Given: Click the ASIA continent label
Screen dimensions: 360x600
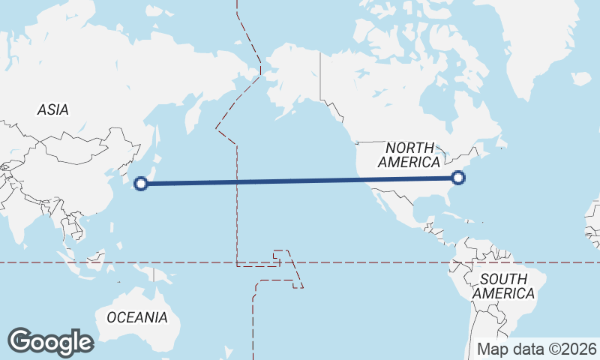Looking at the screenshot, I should click(52, 109).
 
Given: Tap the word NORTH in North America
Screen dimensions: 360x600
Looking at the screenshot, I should click(410, 148).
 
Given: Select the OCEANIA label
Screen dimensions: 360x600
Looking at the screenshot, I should click(137, 317).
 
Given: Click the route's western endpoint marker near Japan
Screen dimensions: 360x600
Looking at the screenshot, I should click(141, 182).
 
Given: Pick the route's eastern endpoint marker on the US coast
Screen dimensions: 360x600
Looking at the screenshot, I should click(459, 178).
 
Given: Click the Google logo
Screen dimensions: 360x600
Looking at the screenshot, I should click(50, 342).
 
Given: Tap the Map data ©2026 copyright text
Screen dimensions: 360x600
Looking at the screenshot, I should click(538, 349).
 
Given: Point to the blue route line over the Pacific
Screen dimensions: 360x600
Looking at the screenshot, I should click(300, 180).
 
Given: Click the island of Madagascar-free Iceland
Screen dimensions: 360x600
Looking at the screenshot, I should click(580, 78).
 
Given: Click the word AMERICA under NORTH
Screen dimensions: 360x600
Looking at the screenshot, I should click(409, 162).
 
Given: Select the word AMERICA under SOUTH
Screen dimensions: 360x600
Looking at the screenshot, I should click(504, 293).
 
